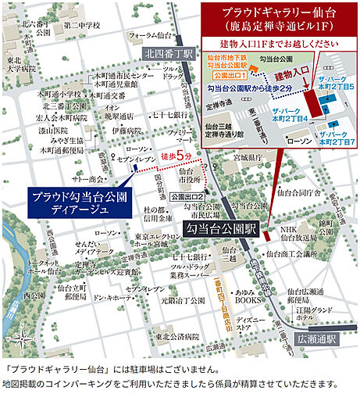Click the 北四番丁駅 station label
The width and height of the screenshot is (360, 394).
(167, 54)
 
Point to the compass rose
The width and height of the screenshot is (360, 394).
(24, 337)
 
